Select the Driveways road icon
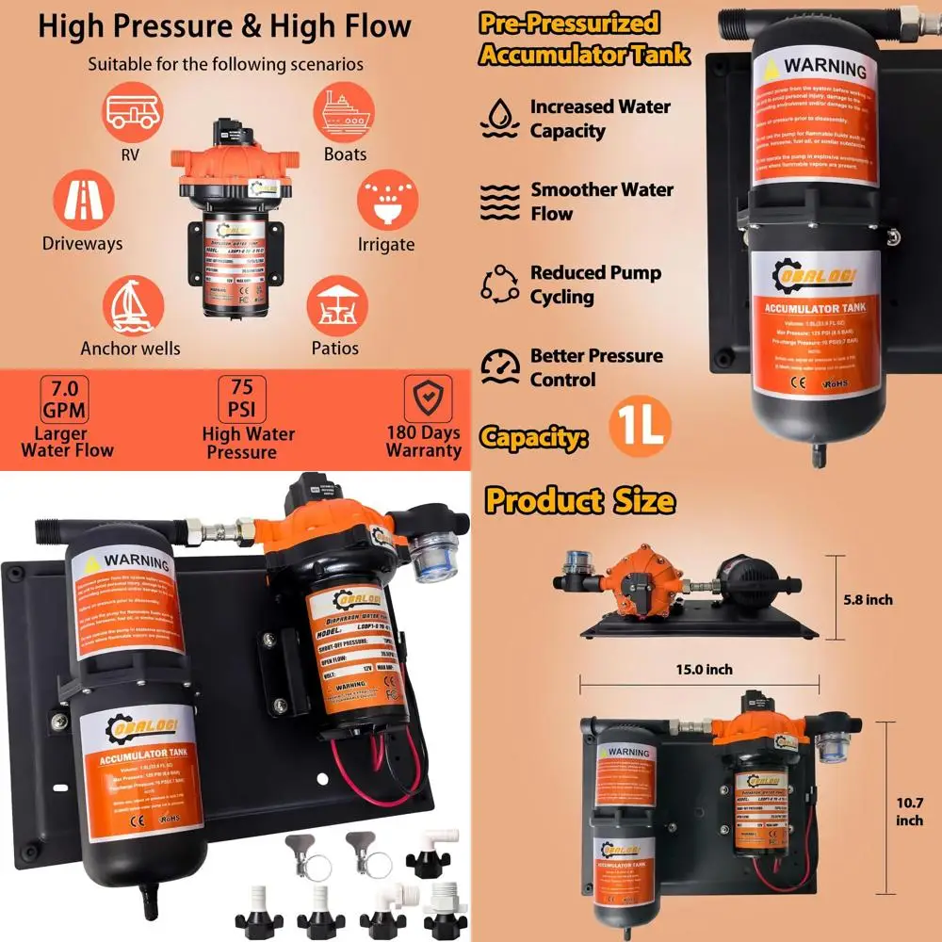pos(83,200)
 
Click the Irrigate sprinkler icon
pos(386,200)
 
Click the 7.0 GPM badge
pos(66,399)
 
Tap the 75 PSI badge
pos(242,399)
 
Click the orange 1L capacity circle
pos(640,426)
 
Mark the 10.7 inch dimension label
pos(909,811)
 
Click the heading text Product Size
pos(579,500)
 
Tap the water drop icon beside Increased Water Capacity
pos(499,119)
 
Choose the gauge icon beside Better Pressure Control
pos(500,366)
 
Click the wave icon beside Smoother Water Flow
pos(499,201)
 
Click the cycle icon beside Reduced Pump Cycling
pos(499,284)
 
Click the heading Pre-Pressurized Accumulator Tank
pos(584,39)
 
